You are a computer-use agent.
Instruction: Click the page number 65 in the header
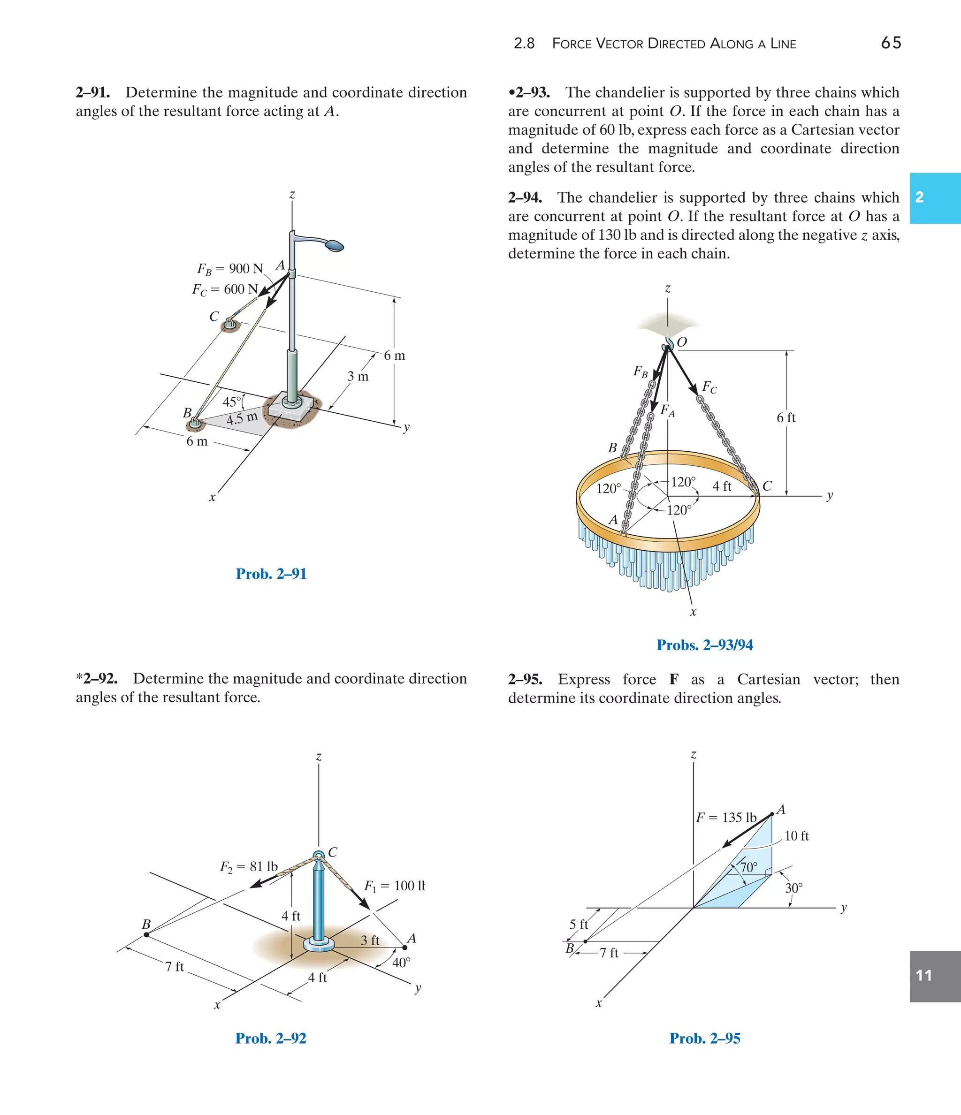(x=891, y=43)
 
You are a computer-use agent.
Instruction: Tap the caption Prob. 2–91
(x=271, y=574)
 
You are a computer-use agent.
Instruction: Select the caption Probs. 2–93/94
(x=704, y=645)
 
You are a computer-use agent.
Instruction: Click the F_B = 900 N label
(x=230, y=268)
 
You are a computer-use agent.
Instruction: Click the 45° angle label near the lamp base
(x=233, y=402)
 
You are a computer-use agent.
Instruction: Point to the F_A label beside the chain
(x=667, y=410)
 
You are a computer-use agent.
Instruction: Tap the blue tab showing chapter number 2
(x=935, y=197)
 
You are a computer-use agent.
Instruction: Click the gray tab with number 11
(x=935, y=976)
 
